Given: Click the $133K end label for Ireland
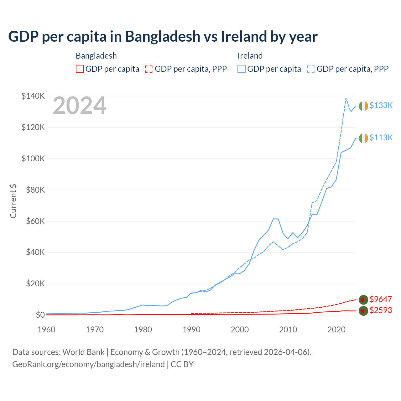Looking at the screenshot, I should click(381, 105).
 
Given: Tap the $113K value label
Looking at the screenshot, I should click(381, 138).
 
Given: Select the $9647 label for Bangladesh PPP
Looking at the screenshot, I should click(381, 299).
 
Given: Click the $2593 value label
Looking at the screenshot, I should click(381, 310).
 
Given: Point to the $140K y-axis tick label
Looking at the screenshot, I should click(33, 96).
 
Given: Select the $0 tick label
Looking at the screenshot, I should click(40, 315).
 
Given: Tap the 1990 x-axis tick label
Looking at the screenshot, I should click(191, 330).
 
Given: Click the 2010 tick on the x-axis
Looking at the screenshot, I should click(288, 330).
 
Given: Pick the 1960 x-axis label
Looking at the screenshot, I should click(46, 330).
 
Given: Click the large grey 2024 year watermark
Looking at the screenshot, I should click(80, 106).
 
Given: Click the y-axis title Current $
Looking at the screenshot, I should click(13, 201).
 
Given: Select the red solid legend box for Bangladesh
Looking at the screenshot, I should click(80, 69).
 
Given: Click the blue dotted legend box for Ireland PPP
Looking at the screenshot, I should click(311, 69).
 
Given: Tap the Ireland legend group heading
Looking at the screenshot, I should click(250, 56).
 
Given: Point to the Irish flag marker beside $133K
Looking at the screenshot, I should click(363, 106).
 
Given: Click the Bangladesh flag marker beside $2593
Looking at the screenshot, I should click(363, 311).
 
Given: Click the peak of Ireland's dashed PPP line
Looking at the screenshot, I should click(346, 98).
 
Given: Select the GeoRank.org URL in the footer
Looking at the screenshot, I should click(88, 364).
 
